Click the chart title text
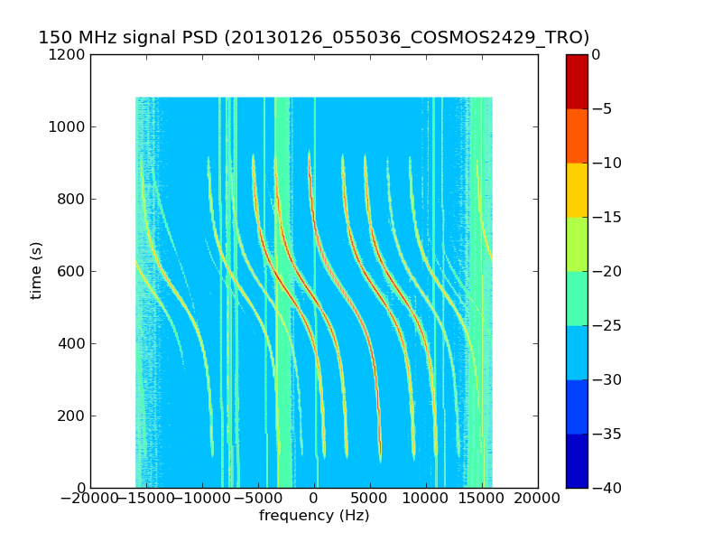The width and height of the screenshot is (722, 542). tap(313, 38)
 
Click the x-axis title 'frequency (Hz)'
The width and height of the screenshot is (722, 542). tap(314, 516)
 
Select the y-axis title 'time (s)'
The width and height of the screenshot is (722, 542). tap(36, 270)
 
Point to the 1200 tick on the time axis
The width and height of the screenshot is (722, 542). tap(69, 54)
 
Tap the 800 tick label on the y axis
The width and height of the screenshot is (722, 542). tap(73, 199)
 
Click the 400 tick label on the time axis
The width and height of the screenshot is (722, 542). tap(73, 343)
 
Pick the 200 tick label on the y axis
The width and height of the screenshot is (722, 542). tap(73, 416)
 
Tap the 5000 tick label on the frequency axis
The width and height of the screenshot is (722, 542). tap(370, 499)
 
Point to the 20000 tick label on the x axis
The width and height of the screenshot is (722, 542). tap(538, 499)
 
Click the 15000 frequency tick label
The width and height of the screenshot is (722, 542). tap(482, 499)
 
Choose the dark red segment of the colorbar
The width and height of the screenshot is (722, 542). tap(577, 81)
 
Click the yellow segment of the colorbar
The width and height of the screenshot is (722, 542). tap(577, 190)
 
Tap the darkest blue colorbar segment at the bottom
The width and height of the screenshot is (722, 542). tap(577, 461)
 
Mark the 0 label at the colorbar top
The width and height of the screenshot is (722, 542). tap(597, 54)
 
